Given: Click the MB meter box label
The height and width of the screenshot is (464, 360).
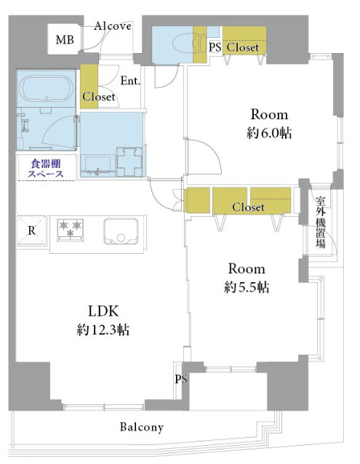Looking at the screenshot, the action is click(x=65, y=39).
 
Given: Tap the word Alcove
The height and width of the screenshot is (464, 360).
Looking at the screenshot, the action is click(x=113, y=26).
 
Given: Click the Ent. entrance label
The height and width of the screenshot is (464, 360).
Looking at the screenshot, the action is click(x=130, y=81).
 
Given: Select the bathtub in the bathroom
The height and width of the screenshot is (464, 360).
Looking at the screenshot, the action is click(x=46, y=89).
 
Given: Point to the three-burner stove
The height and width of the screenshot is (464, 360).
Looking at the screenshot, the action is click(x=70, y=229).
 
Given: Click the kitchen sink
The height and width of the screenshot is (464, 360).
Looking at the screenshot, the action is click(x=121, y=231).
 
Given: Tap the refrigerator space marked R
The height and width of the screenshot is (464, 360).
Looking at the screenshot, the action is click(x=32, y=231).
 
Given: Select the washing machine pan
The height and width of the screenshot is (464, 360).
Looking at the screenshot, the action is click(x=129, y=161).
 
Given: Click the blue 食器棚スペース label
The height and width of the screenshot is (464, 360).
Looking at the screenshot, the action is click(x=46, y=169).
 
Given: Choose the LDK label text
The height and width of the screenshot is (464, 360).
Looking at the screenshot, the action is click(x=103, y=311).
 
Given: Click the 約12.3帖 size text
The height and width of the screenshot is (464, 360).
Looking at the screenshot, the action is click(x=103, y=329).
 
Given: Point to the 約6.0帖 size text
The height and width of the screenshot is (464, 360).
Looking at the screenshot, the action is click(x=269, y=133).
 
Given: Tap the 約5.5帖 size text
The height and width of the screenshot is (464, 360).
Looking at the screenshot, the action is click(x=247, y=287).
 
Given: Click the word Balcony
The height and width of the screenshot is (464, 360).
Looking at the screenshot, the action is click(x=142, y=428).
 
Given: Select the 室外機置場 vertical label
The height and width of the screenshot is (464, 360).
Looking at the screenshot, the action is click(x=320, y=222).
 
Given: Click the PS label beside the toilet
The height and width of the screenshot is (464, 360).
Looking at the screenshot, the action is click(x=215, y=47).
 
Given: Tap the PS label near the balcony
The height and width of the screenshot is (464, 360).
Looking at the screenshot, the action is click(x=181, y=379).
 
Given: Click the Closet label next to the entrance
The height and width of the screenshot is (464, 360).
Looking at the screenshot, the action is click(x=98, y=97).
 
